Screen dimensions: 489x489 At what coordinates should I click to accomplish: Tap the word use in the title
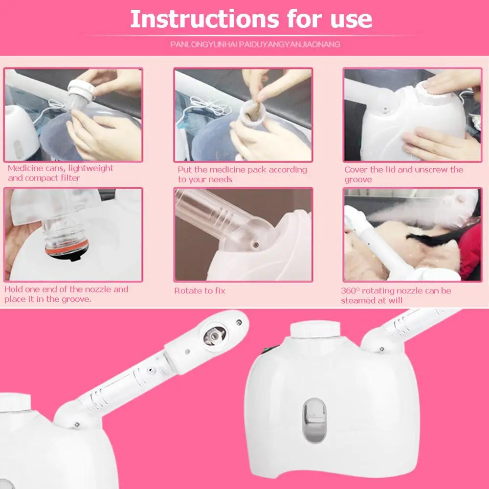(x=351, y=21)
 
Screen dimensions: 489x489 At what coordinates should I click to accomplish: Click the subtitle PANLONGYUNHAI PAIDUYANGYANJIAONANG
(x=255, y=44)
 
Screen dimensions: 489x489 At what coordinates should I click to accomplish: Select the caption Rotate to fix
(x=200, y=290)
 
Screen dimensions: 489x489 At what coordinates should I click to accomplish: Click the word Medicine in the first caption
(x=25, y=168)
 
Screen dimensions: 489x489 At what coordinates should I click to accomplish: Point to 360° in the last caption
(x=350, y=290)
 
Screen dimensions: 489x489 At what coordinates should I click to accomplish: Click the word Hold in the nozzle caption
(x=13, y=289)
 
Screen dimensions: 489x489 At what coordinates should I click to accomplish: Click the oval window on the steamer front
(x=314, y=420)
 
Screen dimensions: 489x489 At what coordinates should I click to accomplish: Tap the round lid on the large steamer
(x=315, y=330)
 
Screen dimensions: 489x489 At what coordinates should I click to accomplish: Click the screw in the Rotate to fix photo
(x=256, y=244)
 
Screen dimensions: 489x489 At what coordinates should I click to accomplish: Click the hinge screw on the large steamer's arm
(x=381, y=349)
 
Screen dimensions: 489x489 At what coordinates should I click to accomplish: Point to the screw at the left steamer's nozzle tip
(x=239, y=322)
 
